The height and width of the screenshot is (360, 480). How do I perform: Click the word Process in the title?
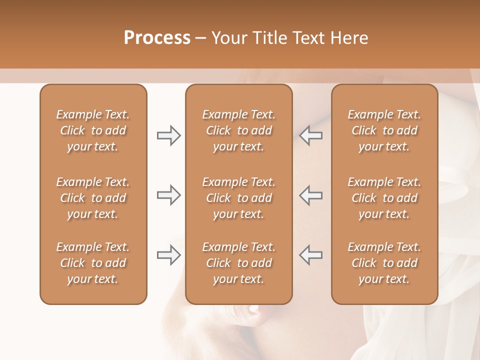coord(157,38)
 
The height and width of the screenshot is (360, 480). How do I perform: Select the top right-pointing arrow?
coord(168,135)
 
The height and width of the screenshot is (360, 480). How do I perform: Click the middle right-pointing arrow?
coord(168,195)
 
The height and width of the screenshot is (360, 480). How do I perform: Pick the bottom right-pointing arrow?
coord(168,255)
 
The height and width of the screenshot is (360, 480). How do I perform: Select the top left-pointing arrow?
coord(310,135)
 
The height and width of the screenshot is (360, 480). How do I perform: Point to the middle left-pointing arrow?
coord(310,195)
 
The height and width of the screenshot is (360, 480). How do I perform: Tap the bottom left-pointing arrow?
coord(310,255)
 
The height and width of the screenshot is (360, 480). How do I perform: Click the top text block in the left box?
coord(93,130)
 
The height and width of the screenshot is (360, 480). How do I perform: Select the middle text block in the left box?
coord(93,198)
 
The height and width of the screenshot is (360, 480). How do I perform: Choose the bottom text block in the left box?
coord(93,263)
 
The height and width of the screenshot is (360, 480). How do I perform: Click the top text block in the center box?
coord(238,130)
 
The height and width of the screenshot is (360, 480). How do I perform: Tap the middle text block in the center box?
coord(238,198)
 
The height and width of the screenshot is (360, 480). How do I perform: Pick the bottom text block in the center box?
coord(238,263)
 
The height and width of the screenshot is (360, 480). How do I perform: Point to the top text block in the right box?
coord(384,130)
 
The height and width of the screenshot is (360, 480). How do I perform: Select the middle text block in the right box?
coord(384,198)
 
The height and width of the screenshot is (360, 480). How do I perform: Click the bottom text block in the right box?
coord(384,263)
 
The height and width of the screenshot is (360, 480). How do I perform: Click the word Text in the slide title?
coord(308,38)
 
